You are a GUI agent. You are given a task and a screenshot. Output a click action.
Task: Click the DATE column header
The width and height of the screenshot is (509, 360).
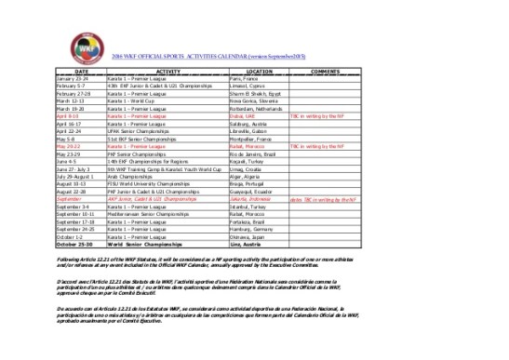pyautogui.click(x=82, y=71)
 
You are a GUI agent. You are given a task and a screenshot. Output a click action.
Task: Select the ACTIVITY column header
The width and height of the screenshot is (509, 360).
pyautogui.click(x=167, y=71)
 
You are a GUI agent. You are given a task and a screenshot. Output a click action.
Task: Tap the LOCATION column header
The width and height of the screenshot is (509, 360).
pyautogui.click(x=259, y=71)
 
